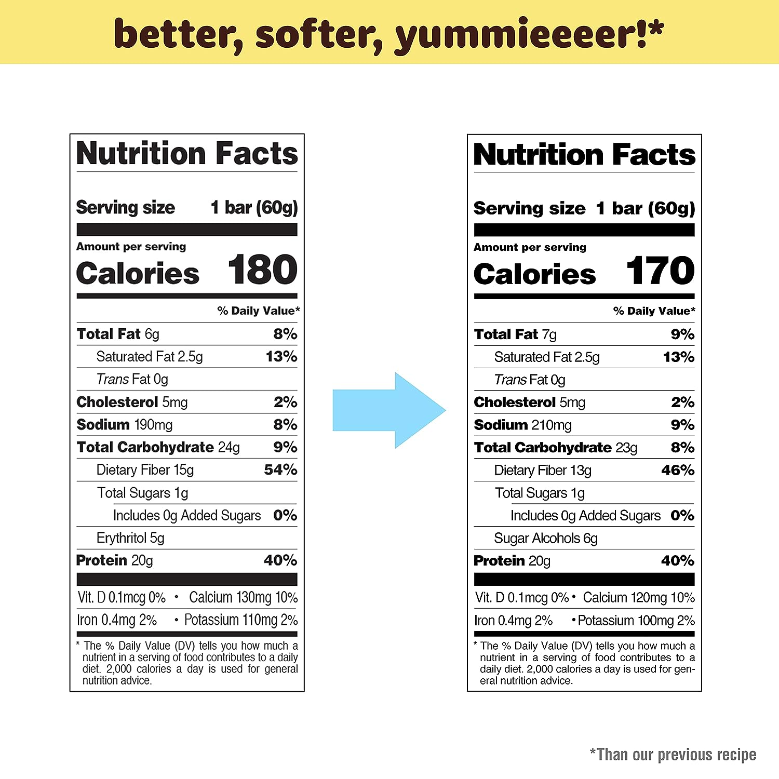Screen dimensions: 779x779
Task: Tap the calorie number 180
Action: [262, 270]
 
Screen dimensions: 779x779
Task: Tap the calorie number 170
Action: [660, 271]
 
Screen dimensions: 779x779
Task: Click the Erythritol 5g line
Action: [130, 538]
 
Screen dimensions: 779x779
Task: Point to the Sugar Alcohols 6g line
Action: [546, 539]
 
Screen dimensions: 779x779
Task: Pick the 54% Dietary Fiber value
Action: [280, 470]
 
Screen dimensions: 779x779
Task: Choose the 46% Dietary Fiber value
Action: [678, 471]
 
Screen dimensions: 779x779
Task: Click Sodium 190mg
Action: [125, 425]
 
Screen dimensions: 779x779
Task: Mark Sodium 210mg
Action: [523, 425]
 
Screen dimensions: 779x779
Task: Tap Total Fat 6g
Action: [118, 334]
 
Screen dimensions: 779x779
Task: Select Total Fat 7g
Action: [515, 334]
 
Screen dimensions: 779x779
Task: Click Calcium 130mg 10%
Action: [243, 598]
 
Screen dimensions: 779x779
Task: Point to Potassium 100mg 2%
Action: [636, 621]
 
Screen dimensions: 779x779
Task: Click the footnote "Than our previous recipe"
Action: [673, 755]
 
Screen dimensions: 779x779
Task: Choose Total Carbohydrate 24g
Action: [158, 447]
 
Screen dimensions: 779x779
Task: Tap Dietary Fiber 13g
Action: [543, 471]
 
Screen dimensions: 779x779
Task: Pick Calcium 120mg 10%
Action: [639, 598]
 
